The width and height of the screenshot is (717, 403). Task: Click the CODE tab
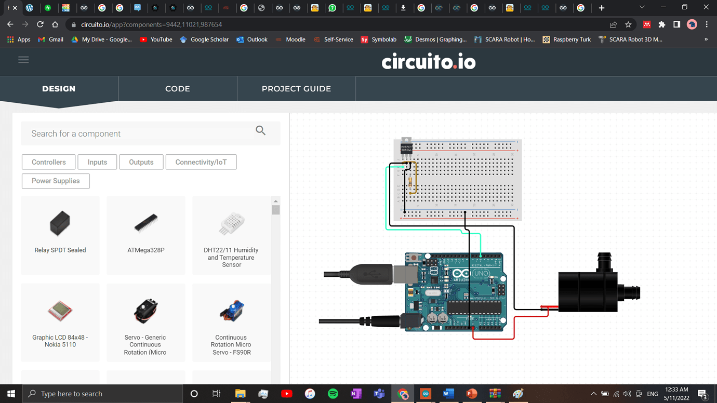click(x=178, y=89)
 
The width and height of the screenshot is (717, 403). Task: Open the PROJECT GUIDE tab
click(x=296, y=89)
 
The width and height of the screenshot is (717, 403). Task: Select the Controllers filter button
click(x=49, y=162)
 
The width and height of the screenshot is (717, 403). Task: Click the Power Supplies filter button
click(x=56, y=181)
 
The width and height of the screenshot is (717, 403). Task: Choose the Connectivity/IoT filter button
click(x=201, y=162)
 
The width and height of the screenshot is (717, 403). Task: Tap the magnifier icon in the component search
click(x=261, y=131)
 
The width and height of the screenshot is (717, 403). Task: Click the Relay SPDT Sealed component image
click(x=60, y=223)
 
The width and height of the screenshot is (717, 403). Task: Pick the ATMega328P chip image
click(x=146, y=223)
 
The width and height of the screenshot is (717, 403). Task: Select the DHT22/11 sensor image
click(x=231, y=224)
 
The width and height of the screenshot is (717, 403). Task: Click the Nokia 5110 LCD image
click(x=60, y=311)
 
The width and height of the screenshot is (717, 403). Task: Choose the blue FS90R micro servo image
click(x=231, y=311)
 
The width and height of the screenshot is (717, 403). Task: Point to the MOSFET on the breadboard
click(x=406, y=148)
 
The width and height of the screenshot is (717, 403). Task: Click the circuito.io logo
click(x=429, y=62)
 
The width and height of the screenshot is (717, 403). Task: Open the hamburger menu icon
click(x=23, y=60)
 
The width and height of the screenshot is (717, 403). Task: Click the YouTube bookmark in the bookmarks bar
click(x=156, y=39)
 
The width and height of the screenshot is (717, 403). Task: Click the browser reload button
click(x=40, y=24)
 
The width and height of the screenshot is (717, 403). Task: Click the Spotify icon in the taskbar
click(x=333, y=394)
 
